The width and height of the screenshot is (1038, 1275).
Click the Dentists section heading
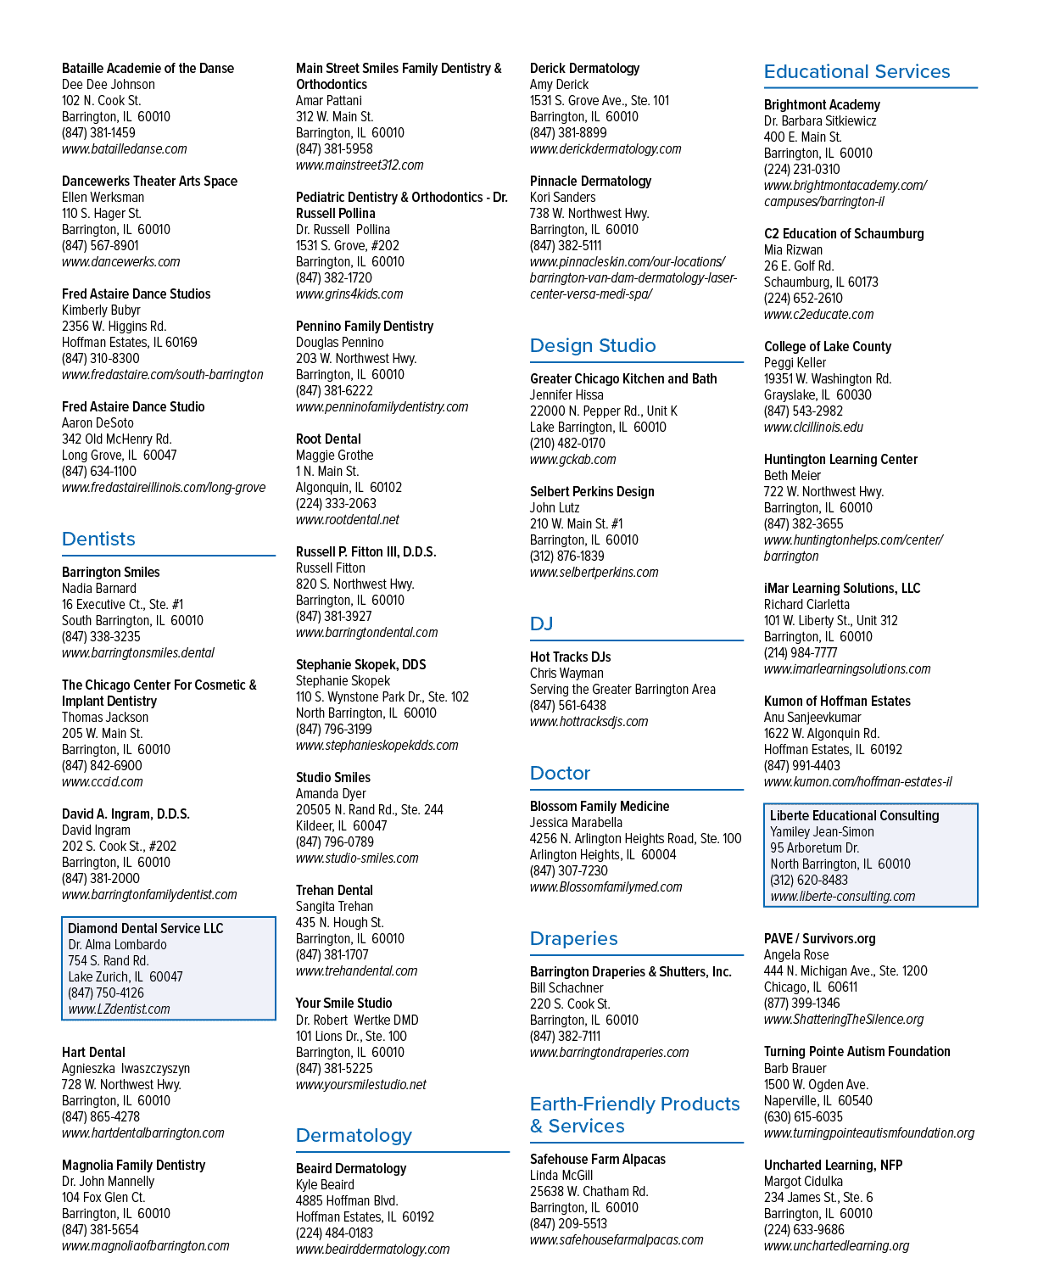tap(98, 539)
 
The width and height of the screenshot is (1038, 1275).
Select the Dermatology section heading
tap(354, 1136)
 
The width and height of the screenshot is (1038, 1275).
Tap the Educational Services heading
tap(857, 72)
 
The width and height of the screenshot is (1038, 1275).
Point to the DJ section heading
tap(541, 624)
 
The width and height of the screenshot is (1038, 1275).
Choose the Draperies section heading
tap(574, 938)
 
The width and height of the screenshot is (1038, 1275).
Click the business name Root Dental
tap(328, 439)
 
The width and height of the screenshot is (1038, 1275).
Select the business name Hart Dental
tap(93, 1053)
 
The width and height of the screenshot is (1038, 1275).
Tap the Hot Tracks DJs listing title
tap(570, 657)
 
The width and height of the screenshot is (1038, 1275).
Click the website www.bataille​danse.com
tap(125, 149)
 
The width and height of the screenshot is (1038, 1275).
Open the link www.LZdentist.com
tap(119, 1009)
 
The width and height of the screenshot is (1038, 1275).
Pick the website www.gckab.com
tap(572, 460)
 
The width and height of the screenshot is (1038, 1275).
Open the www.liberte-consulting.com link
tap(842, 897)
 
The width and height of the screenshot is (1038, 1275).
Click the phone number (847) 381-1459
tap(98, 133)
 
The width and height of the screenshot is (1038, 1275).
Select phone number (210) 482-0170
tap(567, 444)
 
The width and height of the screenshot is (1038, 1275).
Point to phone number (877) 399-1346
tap(801, 1004)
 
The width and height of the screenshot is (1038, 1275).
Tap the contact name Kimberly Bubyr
tap(101, 310)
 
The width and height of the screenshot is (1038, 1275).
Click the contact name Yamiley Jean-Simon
tap(822, 832)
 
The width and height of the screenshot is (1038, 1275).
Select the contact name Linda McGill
tap(561, 1176)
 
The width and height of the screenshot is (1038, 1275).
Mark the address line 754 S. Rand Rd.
tap(109, 961)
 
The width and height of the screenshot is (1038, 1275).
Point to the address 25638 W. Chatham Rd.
tap(589, 1192)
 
